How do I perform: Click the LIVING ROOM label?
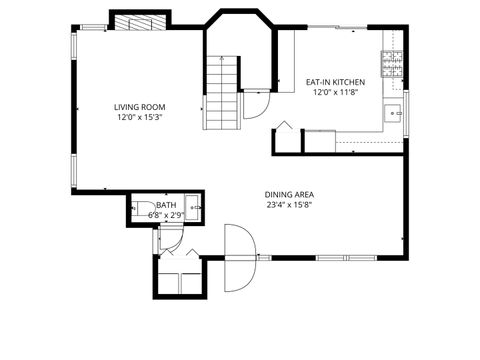(139, 107)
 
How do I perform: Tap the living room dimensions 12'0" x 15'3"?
(139, 117)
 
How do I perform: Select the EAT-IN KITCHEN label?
(335, 82)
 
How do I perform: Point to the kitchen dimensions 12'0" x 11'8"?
(335, 92)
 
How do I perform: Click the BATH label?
(166, 204)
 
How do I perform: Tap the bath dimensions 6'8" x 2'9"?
(166, 214)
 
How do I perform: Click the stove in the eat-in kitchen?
(392, 63)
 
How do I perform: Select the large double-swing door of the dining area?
(240, 258)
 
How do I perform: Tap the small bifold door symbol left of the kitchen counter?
(284, 128)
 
